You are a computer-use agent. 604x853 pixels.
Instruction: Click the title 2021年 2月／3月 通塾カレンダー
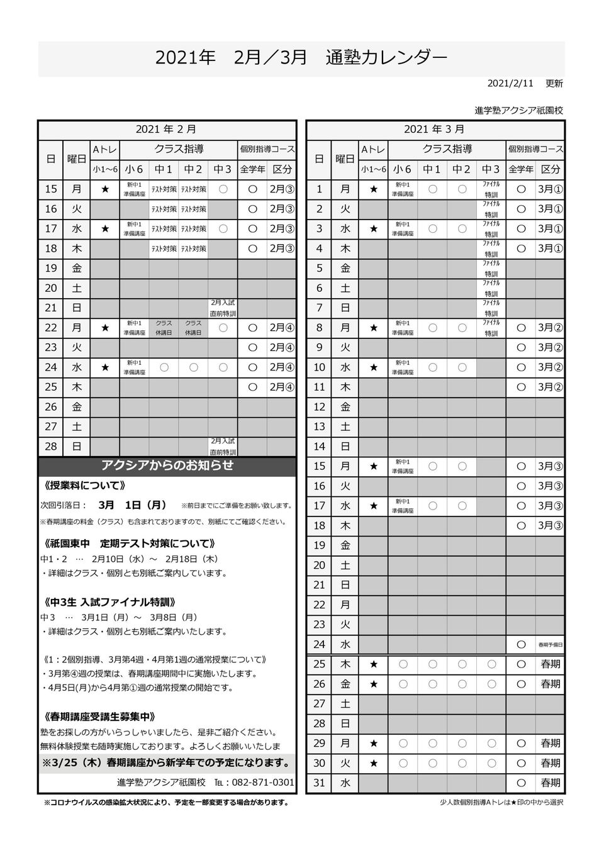click(301, 58)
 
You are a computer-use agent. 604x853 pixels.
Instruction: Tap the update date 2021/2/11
click(510, 83)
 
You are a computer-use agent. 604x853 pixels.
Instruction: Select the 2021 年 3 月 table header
click(435, 130)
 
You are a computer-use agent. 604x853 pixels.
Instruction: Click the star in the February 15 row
click(105, 189)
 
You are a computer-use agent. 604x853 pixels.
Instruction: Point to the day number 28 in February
click(51, 447)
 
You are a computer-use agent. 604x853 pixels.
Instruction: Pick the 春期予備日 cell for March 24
click(550, 645)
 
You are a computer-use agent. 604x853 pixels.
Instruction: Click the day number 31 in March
click(319, 783)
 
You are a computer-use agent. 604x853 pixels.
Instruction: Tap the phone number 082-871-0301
click(263, 783)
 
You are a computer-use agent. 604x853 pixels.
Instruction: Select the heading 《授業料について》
click(86, 486)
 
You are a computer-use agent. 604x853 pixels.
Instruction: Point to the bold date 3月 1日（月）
click(133, 505)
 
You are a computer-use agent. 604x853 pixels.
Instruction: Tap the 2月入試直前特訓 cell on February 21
click(223, 308)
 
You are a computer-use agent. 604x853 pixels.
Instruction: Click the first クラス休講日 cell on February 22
click(164, 328)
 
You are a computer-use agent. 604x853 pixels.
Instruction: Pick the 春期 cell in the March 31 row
click(550, 783)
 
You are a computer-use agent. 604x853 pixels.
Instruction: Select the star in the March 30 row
click(374, 764)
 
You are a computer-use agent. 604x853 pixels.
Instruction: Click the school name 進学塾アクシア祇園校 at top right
click(518, 110)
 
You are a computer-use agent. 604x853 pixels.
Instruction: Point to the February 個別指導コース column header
click(266, 150)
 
